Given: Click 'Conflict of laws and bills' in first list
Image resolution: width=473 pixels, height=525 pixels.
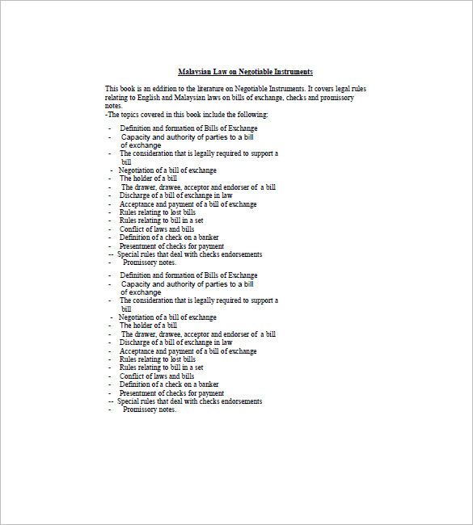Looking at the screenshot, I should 157,229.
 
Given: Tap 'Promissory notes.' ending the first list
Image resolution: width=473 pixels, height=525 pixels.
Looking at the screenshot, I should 150,262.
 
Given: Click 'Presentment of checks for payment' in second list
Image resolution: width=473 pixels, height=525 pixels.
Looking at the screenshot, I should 171,393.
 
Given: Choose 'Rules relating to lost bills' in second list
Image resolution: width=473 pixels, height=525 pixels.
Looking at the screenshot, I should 158,359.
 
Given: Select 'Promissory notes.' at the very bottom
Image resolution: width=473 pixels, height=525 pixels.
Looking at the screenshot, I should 150,409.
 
